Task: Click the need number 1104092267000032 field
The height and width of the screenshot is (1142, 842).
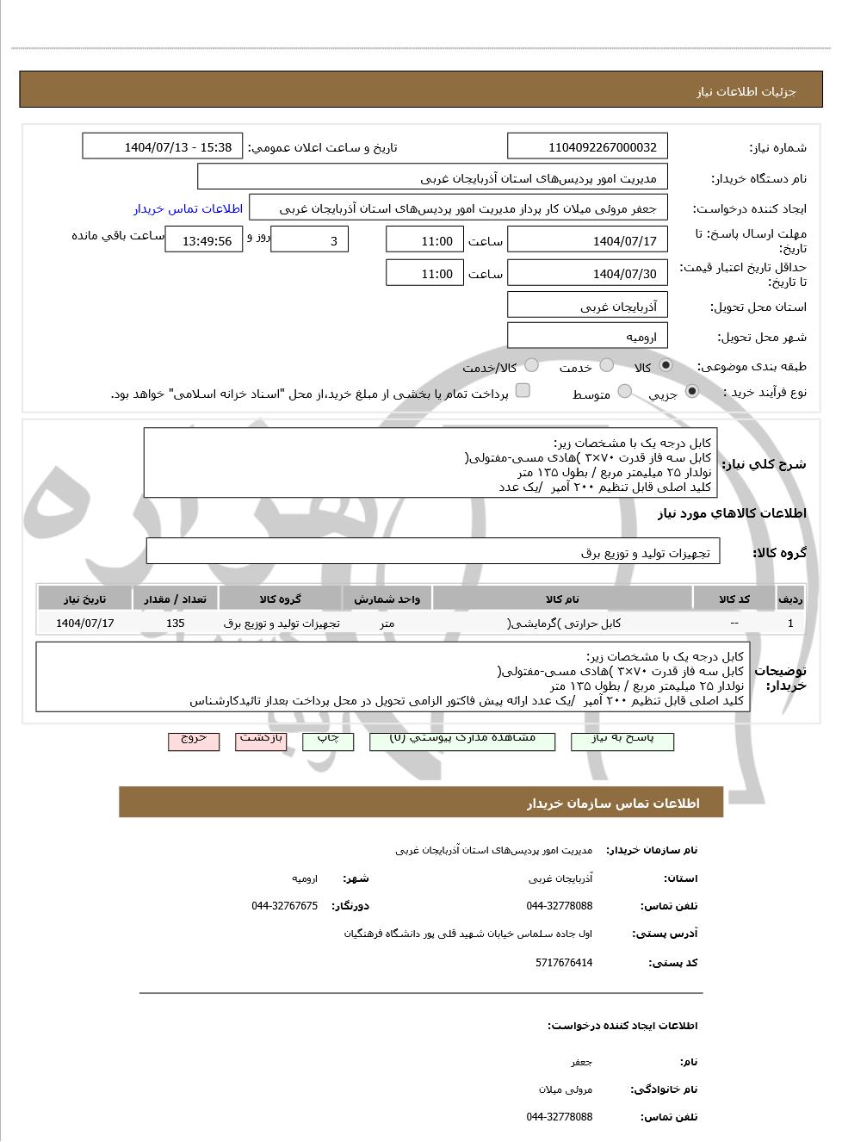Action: (x=587, y=147)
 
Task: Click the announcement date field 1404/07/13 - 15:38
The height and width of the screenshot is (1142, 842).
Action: (x=163, y=147)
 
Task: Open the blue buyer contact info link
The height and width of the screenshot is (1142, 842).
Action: (x=188, y=209)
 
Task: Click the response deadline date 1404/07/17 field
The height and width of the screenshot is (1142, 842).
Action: (x=587, y=241)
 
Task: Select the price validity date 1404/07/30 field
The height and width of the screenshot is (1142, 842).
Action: (x=587, y=274)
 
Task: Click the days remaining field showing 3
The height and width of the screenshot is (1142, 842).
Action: (x=309, y=241)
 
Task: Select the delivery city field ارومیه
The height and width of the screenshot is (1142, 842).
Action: (x=587, y=337)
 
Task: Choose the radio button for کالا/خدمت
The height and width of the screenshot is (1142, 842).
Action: (x=531, y=366)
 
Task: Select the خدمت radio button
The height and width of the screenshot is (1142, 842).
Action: (x=607, y=366)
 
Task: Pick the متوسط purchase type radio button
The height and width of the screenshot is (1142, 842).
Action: (x=625, y=393)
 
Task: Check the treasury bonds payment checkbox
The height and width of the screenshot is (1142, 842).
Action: (x=523, y=392)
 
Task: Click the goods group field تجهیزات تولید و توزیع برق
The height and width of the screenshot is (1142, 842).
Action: (x=433, y=553)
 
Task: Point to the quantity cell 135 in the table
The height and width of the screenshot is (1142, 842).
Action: (x=175, y=624)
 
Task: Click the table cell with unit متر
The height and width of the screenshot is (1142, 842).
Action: (x=387, y=624)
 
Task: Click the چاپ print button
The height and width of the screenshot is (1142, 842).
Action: (x=328, y=740)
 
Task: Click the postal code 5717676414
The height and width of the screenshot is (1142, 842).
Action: (x=563, y=963)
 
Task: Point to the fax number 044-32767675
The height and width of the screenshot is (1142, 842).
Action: (x=284, y=906)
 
